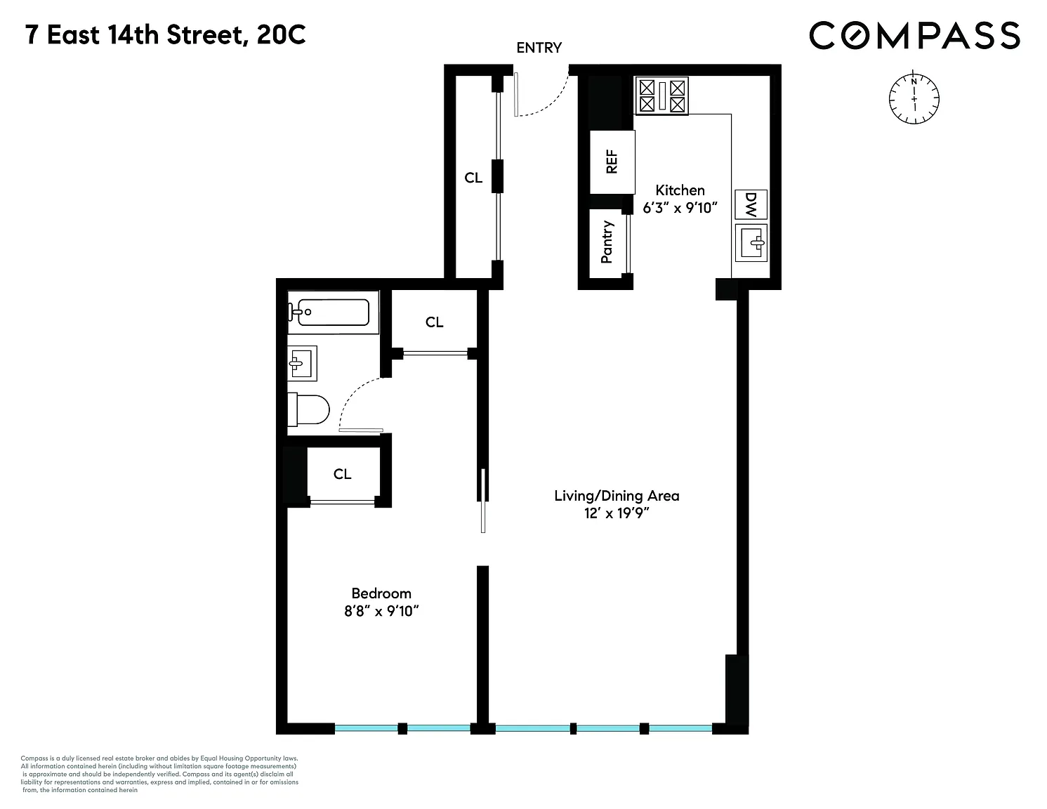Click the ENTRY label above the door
(x=539, y=48)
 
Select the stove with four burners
(x=661, y=96)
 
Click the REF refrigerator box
(x=612, y=162)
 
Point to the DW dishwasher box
(x=751, y=204)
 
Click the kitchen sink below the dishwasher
(x=751, y=243)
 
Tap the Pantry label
(x=607, y=242)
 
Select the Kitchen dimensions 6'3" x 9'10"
(x=680, y=208)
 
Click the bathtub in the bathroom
(x=333, y=313)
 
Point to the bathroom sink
(x=302, y=363)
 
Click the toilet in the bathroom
(x=308, y=409)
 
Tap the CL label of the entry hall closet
(x=473, y=178)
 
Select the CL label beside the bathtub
(x=434, y=322)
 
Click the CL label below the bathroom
(x=342, y=474)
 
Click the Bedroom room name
(x=381, y=593)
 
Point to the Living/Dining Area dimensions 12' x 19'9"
(x=617, y=513)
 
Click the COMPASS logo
(x=914, y=35)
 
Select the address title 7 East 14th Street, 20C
(x=165, y=35)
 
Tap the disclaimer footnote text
(x=159, y=775)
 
